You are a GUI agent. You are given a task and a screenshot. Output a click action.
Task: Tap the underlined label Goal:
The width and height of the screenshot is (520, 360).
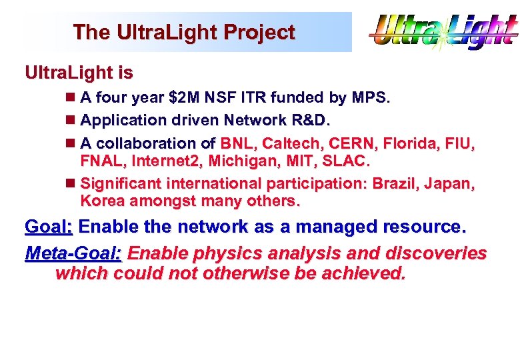pyautogui.click(x=48, y=227)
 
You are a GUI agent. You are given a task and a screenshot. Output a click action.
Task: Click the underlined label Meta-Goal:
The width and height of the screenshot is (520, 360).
pyautogui.click(x=73, y=254)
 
